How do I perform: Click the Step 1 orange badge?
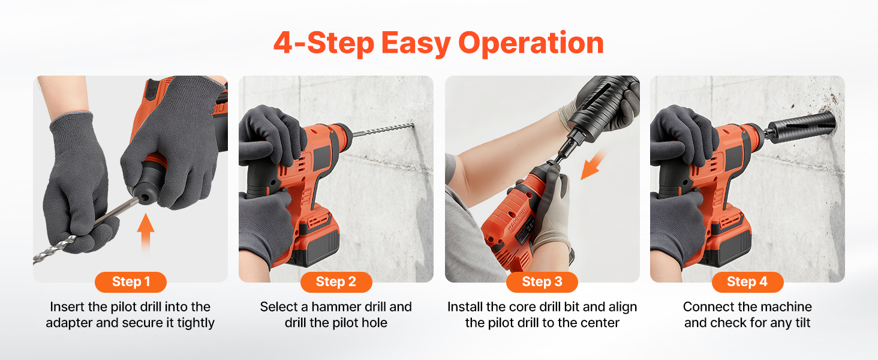click(131, 282)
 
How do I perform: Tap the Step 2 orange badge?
click(336, 282)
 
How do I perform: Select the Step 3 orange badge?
click(542, 282)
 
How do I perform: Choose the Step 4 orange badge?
click(747, 282)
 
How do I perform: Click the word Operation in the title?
click(531, 43)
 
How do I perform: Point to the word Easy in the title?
click(416, 44)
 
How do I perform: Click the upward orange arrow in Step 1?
click(145, 233)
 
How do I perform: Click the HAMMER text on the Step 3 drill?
click(517, 219)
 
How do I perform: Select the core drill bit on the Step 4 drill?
click(801, 126)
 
